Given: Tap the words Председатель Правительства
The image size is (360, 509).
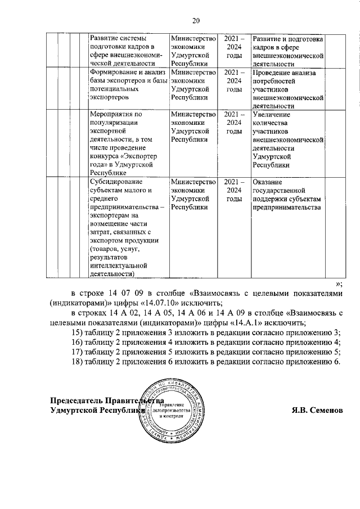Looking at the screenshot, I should (x=107, y=400).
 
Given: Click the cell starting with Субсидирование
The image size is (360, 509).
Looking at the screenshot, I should (x=127, y=227).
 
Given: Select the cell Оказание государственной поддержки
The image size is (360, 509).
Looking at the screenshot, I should (x=287, y=195).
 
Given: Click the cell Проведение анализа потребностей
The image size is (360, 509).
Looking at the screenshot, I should (x=287, y=89).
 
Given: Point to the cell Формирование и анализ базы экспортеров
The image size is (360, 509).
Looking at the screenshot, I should (x=127, y=84).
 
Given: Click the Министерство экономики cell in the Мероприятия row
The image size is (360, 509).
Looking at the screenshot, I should (x=194, y=127).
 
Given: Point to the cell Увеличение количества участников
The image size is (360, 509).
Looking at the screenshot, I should (x=287, y=140).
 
